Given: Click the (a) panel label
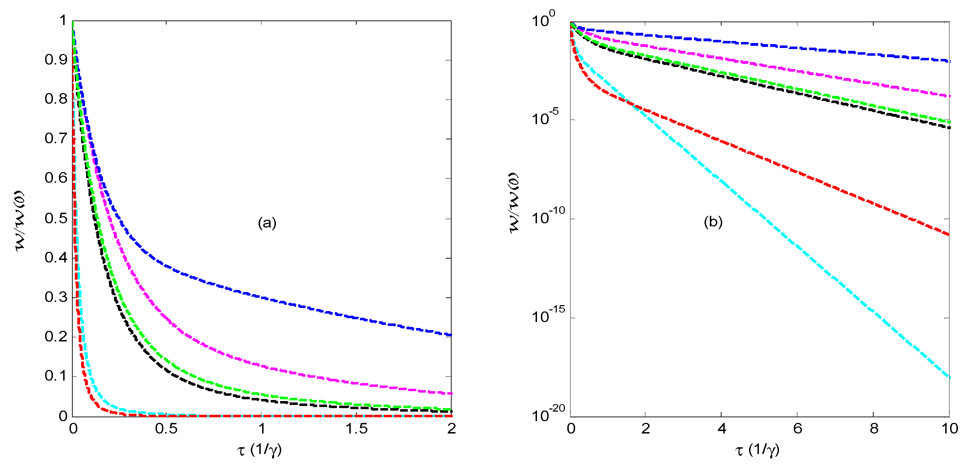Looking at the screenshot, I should pyautogui.click(x=267, y=223).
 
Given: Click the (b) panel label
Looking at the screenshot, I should pyautogui.click(x=713, y=222).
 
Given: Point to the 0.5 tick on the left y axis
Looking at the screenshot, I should pyautogui.click(x=56, y=218).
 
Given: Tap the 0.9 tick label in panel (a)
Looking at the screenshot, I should pyautogui.click(x=56, y=60).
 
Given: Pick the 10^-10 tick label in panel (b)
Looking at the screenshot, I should pyautogui.click(x=548, y=217).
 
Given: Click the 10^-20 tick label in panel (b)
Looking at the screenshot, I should pyautogui.click(x=548, y=414).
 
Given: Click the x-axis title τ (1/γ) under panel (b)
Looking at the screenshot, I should pyautogui.click(x=757, y=449).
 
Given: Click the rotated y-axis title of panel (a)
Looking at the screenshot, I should pyautogui.click(x=20, y=221).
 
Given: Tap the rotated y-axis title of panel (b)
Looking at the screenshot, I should pyautogui.click(x=514, y=203).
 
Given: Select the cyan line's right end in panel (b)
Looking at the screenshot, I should pyautogui.click(x=949, y=377).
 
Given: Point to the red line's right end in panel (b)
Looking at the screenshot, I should pyautogui.click(x=949, y=235).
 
